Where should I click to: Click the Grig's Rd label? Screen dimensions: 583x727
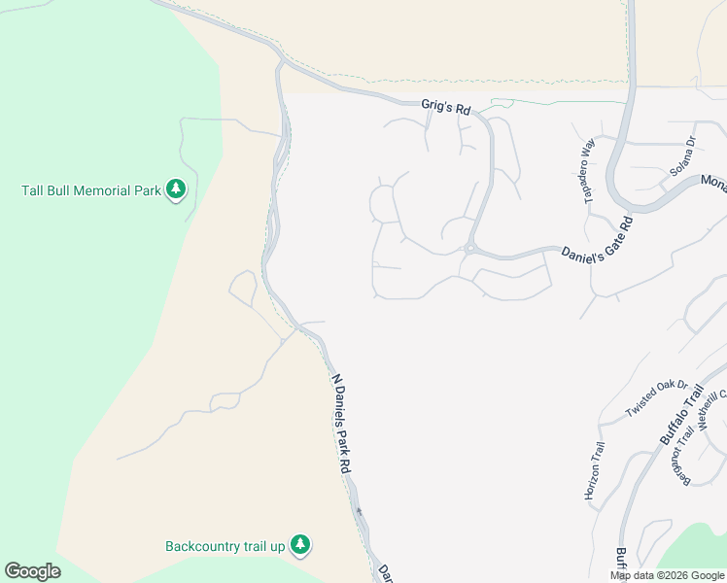point(446,106)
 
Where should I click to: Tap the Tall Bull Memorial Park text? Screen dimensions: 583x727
point(91,190)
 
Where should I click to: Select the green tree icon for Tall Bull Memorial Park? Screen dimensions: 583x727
point(176,189)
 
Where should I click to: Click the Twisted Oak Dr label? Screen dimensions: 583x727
point(656,399)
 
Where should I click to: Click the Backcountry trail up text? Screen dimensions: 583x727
point(225,546)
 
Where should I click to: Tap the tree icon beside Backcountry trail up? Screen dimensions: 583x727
point(301,546)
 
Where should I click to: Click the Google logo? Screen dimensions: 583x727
point(32,571)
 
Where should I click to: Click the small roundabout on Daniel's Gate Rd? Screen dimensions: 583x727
point(468,249)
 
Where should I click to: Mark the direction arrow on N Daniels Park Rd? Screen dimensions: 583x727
point(359,511)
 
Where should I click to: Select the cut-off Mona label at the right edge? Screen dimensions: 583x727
point(713,183)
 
